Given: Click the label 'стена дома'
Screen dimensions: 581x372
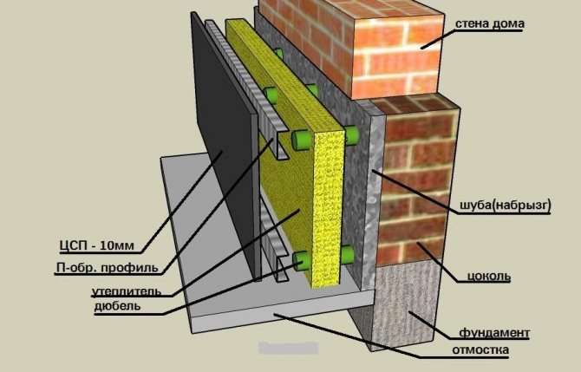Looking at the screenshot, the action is pos(489,23).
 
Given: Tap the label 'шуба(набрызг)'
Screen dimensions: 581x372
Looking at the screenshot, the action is pos(506,205).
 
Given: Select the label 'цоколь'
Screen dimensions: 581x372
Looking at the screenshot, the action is pos(489,276).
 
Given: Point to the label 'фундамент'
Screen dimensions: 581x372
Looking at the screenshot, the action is pos(494,332).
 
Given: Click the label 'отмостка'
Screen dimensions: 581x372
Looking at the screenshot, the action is pos(480,349).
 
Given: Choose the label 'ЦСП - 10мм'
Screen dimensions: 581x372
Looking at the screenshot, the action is pos(97,245).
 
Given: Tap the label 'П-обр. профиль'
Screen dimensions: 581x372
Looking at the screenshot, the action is pos(107,267).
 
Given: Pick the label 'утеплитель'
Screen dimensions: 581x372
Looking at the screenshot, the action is pos(127,291).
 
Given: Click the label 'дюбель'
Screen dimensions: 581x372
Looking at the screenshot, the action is pos(117,306).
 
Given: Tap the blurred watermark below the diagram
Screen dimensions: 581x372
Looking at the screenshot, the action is pos(288,348).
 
